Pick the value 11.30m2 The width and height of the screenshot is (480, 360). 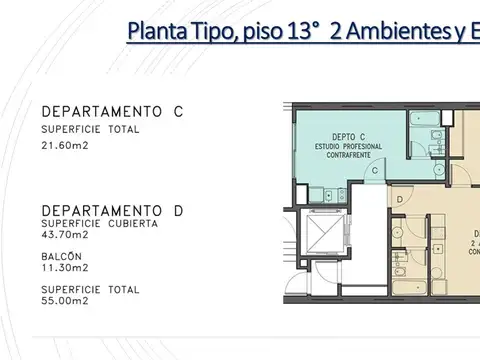tap(63, 268)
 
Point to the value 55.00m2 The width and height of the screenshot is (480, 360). tap(64, 300)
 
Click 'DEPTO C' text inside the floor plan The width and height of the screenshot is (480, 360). tap(347, 139)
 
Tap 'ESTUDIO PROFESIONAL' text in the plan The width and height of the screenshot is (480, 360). tap(348, 148)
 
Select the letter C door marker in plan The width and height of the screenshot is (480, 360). tap(374, 171)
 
